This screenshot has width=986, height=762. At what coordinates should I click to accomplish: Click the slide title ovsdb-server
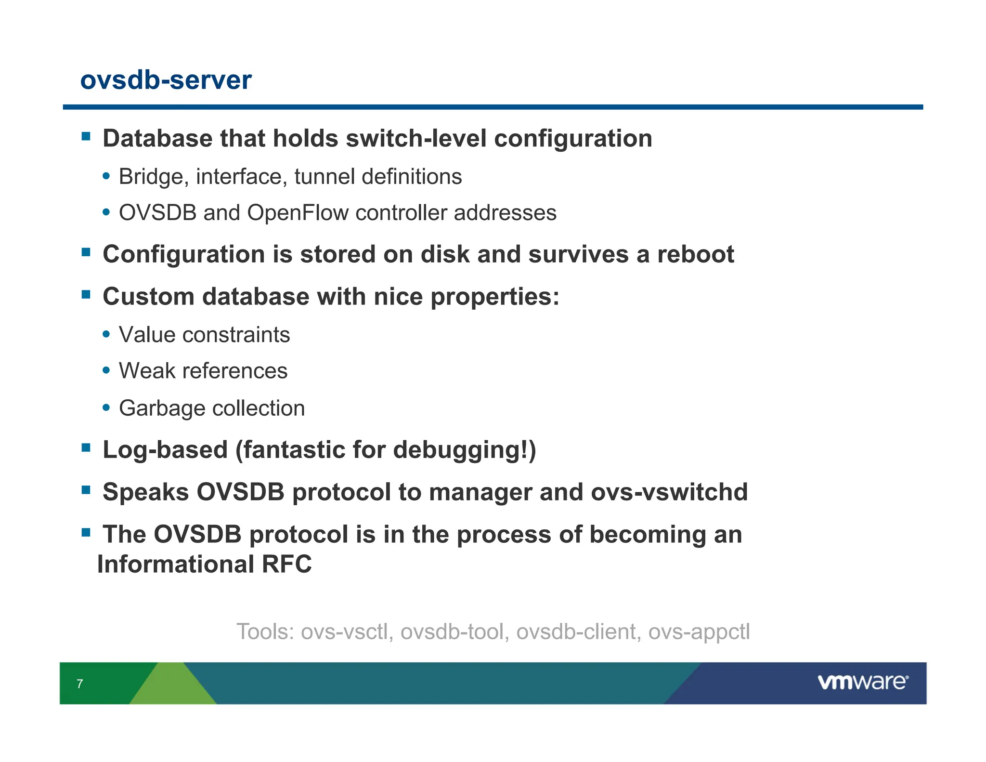[166, 80]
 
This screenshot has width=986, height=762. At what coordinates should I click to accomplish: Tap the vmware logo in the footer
[862, 682]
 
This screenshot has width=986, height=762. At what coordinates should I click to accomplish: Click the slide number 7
[80, 683]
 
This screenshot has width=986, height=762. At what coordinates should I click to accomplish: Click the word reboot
[695, 254]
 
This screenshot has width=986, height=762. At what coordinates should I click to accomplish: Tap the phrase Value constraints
[204, 335]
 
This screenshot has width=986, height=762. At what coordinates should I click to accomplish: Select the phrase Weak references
[203, 371]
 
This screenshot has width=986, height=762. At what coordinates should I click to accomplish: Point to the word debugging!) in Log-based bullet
[464, 450]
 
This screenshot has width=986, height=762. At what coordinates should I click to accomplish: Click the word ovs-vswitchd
[669, 492]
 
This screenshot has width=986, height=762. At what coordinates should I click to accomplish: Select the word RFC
[286, 564]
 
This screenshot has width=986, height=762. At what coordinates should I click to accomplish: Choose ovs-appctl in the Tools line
[699, 632]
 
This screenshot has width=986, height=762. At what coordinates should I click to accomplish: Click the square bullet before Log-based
[86, 448]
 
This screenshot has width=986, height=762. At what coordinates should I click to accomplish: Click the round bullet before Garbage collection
[106, 407]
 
